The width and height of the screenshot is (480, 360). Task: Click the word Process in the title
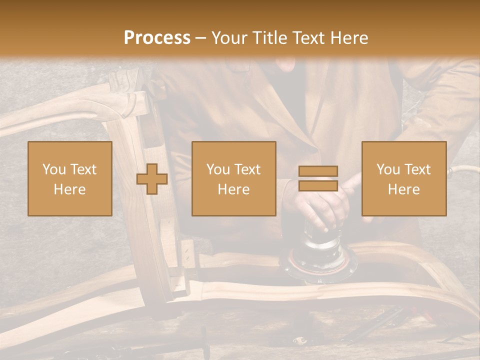pos(157,38)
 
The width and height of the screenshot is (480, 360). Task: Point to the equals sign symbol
pos(318,178)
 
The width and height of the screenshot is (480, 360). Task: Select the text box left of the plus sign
pos(70,178)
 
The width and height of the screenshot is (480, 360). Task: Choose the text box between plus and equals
pos(233,178)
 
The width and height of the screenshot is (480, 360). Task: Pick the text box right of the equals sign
pos(404,178)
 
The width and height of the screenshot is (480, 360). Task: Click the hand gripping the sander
pos(320,205)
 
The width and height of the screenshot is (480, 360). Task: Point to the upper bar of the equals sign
pos(318,171)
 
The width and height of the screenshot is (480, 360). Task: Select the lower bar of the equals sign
pos(318,185)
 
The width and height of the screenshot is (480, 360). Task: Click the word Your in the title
pos(230,38)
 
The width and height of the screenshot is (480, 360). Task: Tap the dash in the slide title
pos(201,38)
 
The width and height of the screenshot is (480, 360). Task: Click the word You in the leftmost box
pos(54,169)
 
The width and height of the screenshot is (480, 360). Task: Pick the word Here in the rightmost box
pos(404,189)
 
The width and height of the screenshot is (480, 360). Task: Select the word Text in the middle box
pos(248,169)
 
